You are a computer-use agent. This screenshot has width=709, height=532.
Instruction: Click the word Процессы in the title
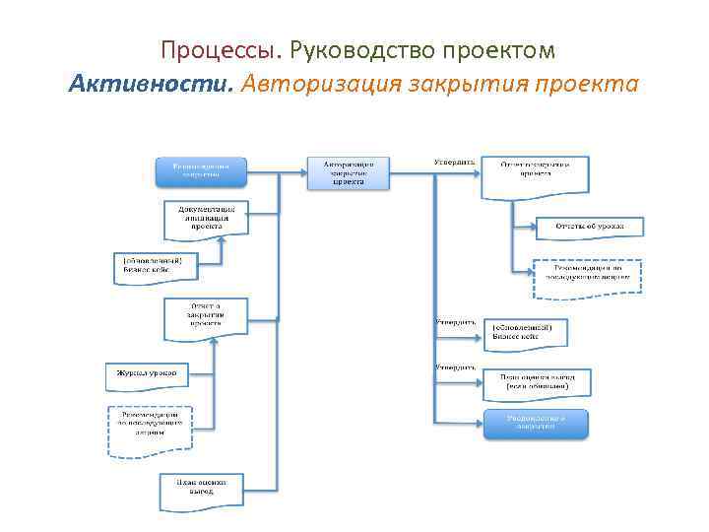pyautogui.click(x=222, y=49)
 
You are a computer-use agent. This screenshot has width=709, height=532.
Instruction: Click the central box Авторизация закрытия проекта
pyautogui.click(x=348, y=172)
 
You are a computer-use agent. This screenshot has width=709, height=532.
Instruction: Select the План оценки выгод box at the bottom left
pyautogui.click(x=201, y=489)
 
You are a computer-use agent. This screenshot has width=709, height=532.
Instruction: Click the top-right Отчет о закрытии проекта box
pyautogui.click(x=535, y=174)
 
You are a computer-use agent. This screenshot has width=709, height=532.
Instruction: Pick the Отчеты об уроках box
pyautogui.click(x=589, y=228)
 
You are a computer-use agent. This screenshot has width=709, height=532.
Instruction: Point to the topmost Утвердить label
pyautogui.click(x=454, y=161)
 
